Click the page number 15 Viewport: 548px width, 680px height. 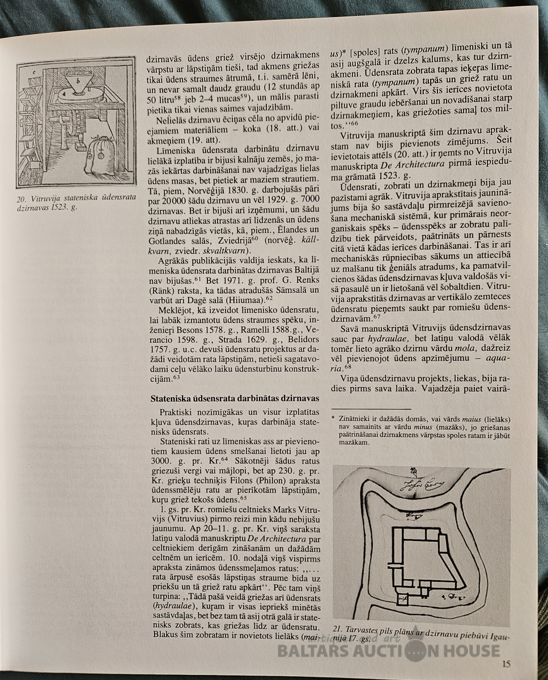pos(507,665)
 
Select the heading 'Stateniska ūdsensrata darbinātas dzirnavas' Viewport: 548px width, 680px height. pos(231,398)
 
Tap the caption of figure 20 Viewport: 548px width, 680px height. pos(75,202)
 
